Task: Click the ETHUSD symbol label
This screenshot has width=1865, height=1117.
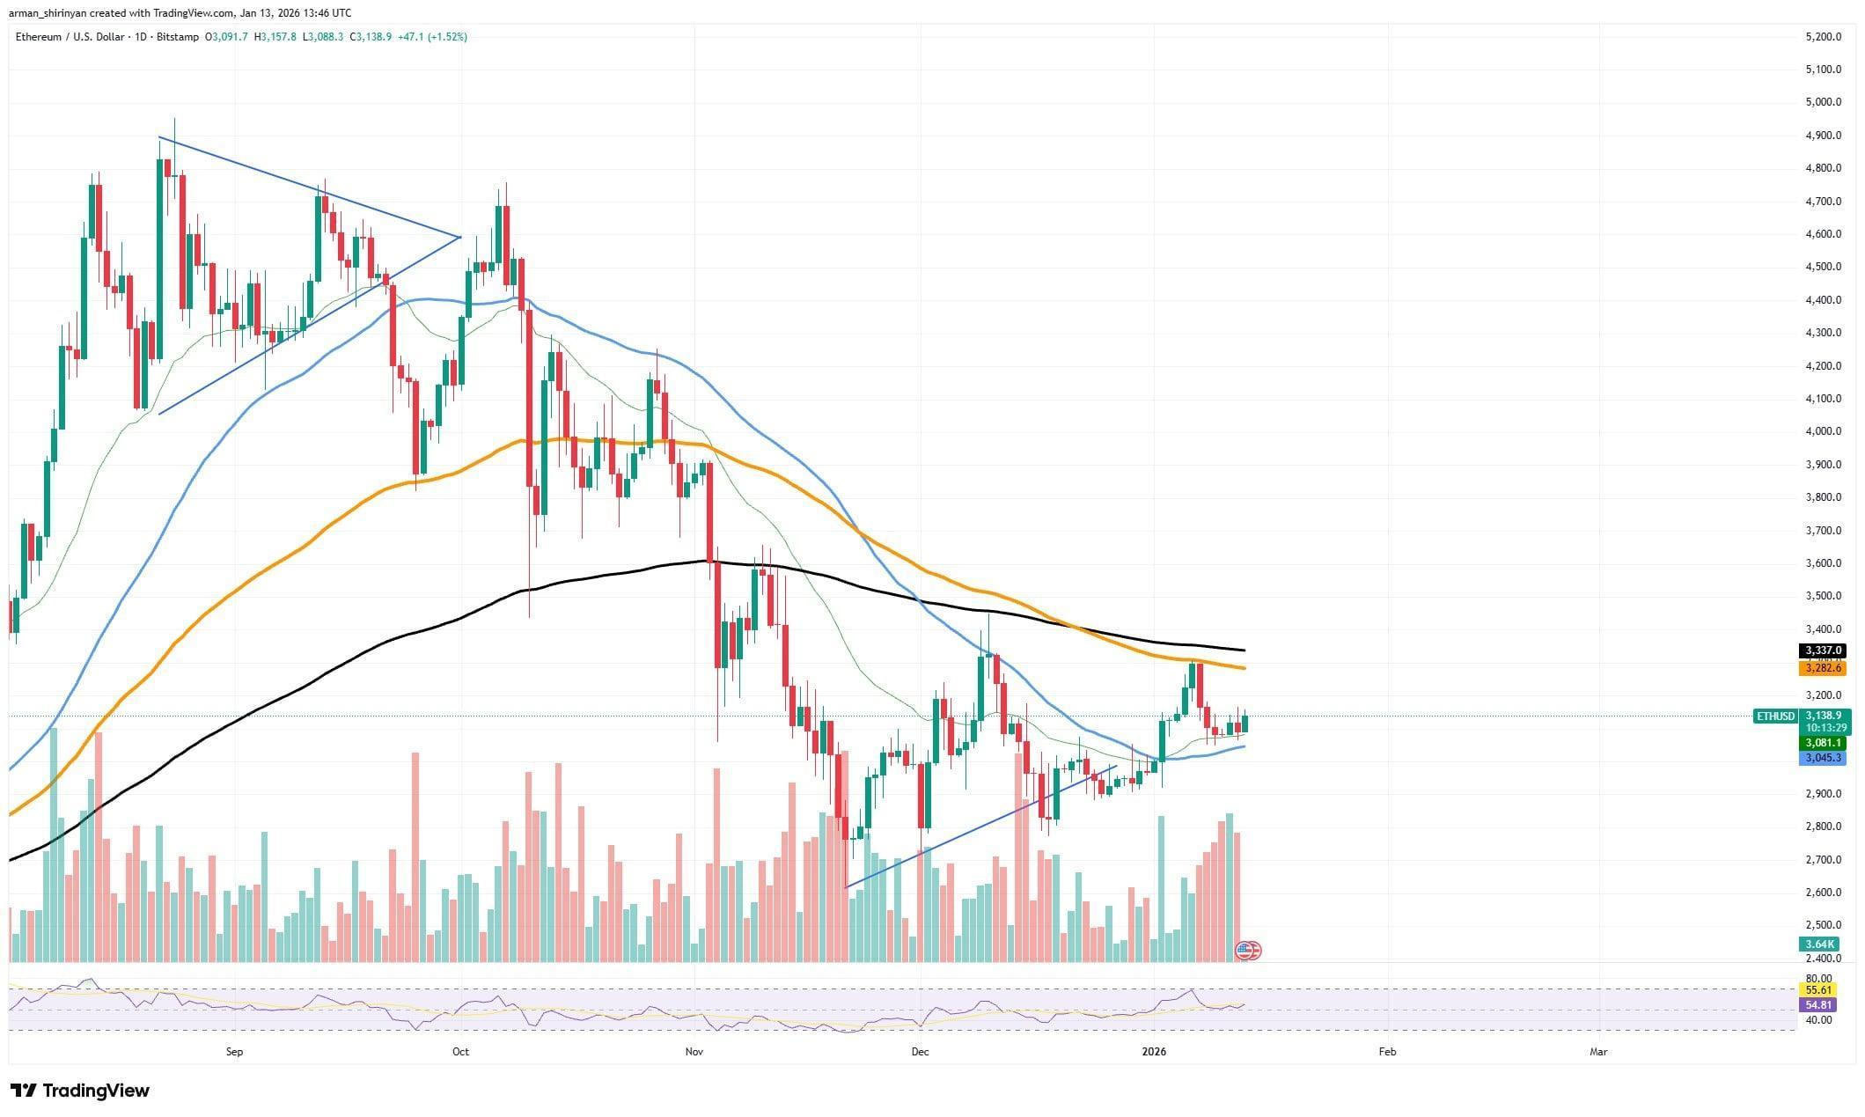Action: click(1775, 716)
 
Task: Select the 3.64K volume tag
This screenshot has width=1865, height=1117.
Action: click(1819, 944)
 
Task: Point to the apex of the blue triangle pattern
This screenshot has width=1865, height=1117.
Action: click(459, 237)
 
